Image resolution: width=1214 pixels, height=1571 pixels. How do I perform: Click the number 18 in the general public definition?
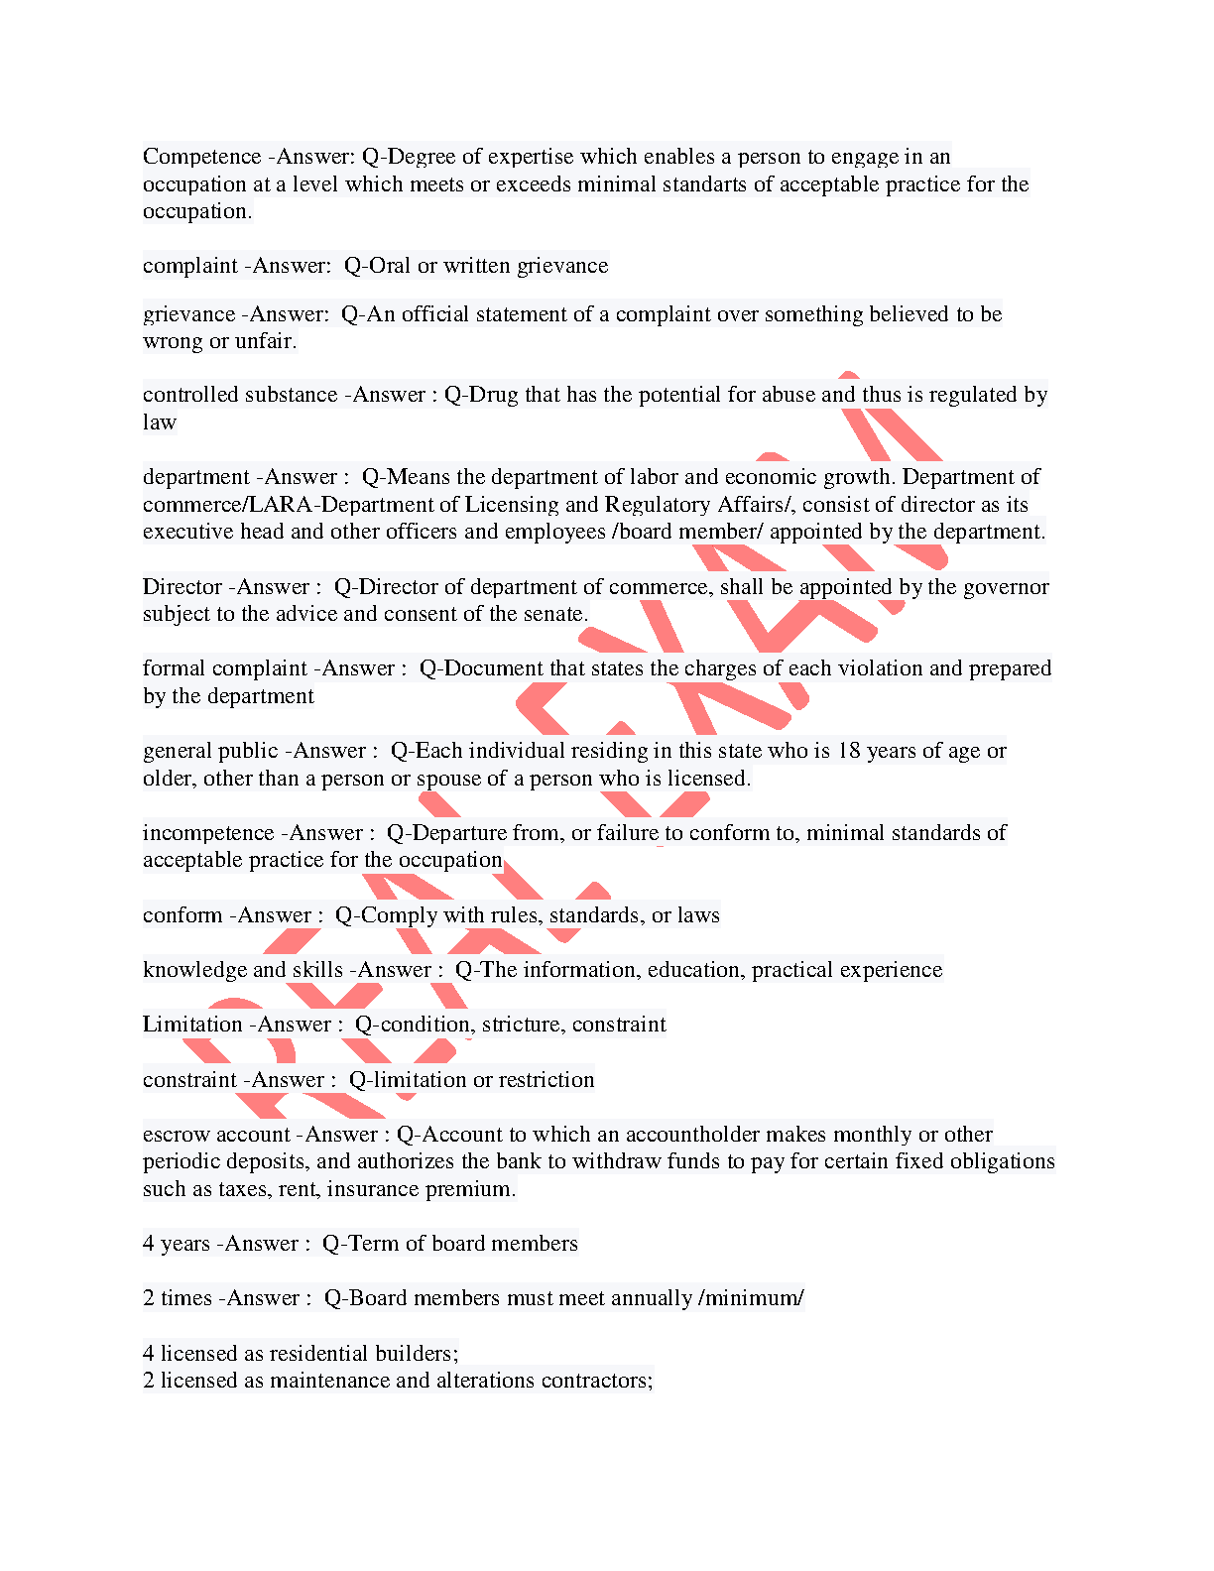pyautogui.click(x=849, y=751)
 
